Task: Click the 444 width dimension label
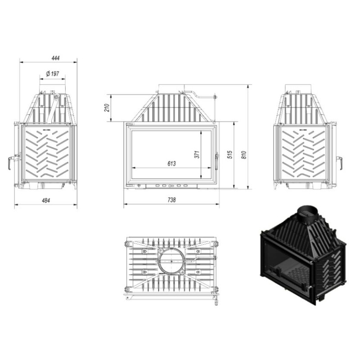[55, 58]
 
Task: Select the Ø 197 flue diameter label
[52, 74]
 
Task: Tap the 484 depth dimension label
[46, 200]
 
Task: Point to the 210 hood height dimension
[107, 108]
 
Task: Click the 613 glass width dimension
[171, 163]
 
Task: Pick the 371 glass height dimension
[197, 154]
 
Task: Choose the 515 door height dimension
[230, 154]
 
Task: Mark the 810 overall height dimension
[243, 154]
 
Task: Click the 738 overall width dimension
[171, 200]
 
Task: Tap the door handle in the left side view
[11, 162]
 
